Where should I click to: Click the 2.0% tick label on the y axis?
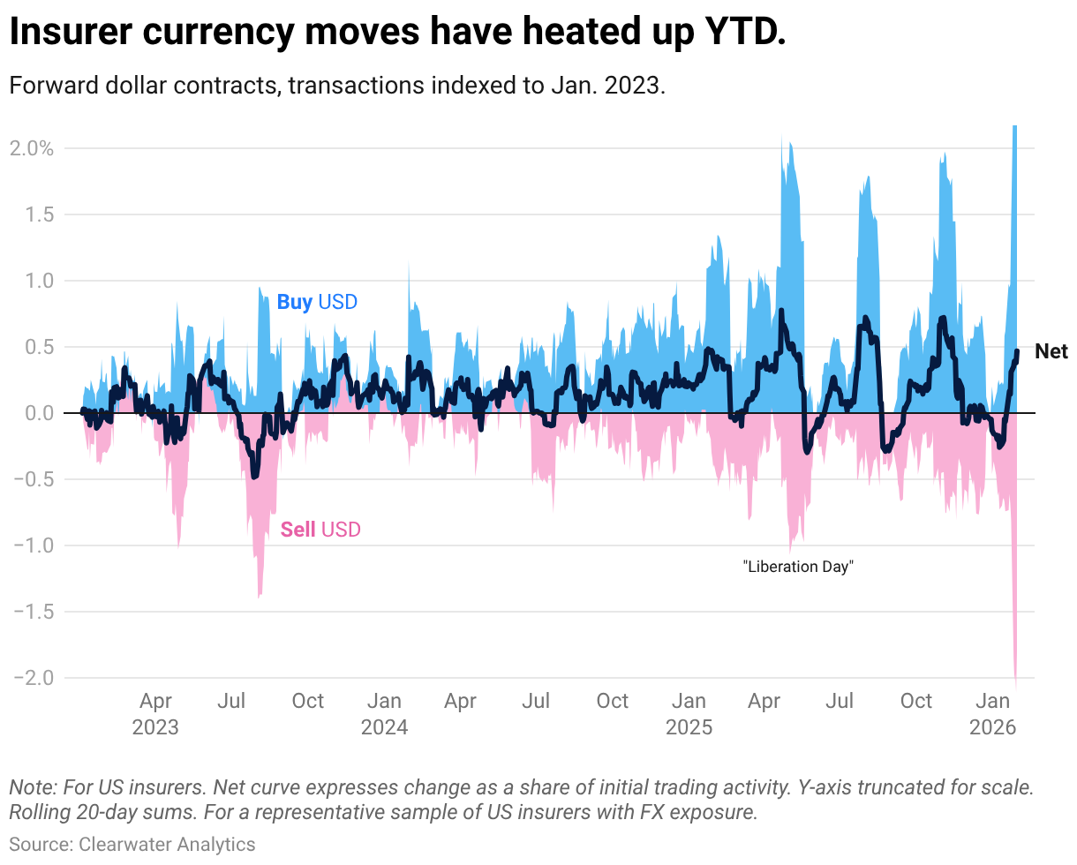tap(32, 148)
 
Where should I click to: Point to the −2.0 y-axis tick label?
tap(34, 678)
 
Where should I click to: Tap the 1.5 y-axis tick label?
tap(40, 214)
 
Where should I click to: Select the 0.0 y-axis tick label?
tap(40, 413)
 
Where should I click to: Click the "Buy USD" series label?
tap(317, 302)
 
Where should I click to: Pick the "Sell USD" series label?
tap(320, 530)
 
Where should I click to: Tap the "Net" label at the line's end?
tap(1051, 352)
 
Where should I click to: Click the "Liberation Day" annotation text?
tap(798, 567)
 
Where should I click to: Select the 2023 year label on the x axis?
tap(155, 727)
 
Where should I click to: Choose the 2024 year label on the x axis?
tap(384, 727)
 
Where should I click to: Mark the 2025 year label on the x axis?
tap(689, 727)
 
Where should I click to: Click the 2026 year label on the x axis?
tap(993, 727)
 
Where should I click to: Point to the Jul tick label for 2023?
tap(231, 702)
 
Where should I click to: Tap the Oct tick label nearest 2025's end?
tap(916, 702)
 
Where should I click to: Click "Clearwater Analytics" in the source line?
tap(167, 844)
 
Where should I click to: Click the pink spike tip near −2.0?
tap(1015, 685)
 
